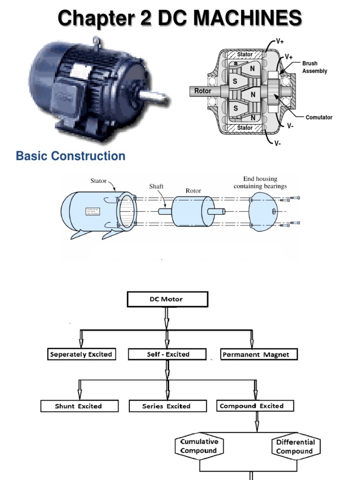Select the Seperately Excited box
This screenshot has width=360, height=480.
81,354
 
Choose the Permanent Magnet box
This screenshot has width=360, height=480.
259,354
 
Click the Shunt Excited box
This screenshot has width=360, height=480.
78,406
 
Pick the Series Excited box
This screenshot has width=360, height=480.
166,406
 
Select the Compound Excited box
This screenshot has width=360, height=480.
255,405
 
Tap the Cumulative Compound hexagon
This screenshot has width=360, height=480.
199,446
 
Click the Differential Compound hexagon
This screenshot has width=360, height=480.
295,446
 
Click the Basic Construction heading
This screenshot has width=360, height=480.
71,156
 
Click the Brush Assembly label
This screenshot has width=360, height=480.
315,67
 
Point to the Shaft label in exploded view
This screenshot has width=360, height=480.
156,186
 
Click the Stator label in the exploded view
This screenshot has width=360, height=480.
98,180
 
